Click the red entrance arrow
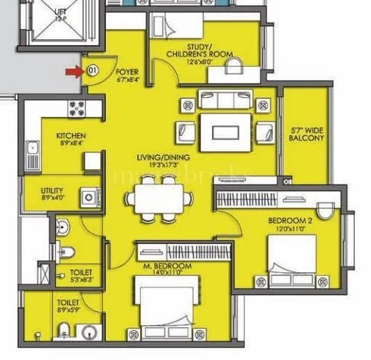73,71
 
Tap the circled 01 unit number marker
91,71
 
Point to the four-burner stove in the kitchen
77,109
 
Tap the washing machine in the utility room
89,196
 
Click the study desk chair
234,67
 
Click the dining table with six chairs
158,200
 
